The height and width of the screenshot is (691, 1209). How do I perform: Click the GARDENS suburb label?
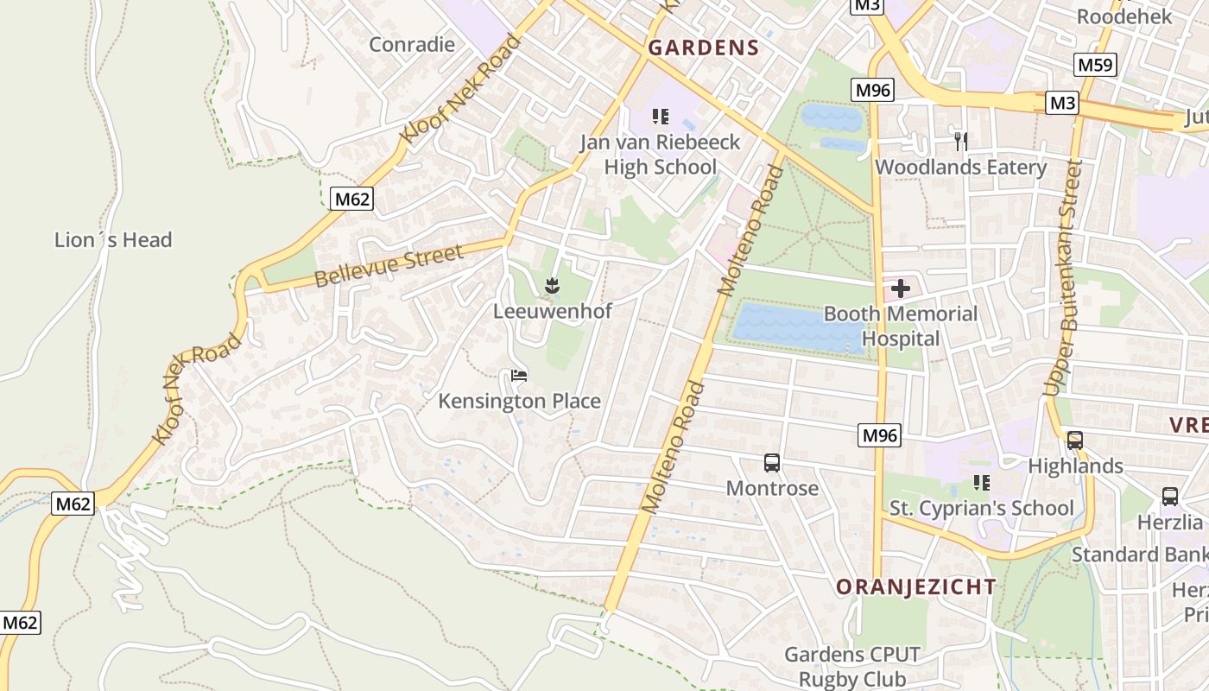pyautogui.click(x=703, y=48)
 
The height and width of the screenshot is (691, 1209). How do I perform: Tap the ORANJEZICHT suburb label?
pyautogui.click(x=915, y=587)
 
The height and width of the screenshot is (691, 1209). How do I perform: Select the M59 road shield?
pyautogui.click(x=1096, y=65)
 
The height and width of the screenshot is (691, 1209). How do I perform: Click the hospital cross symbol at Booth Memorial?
pyautogui.click(x=901, y=288)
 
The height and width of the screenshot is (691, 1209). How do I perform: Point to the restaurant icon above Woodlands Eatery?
pyautogui.click(x=960, y=141)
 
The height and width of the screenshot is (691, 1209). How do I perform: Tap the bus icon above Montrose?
pyautogui.click(x=772, y=463)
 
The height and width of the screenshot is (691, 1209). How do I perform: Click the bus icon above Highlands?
pyautogui.click(x=1075, y=441)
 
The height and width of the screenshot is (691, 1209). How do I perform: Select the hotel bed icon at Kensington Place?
pyautogui.click(x=519, y=376)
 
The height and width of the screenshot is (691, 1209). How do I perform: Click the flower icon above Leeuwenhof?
pyautogui.click(x=552, y=286)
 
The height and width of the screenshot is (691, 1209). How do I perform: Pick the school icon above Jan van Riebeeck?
pyautogui.click(x=661, y=117)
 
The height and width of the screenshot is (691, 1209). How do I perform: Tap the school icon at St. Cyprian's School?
pyautogui.click(x=981, y=483)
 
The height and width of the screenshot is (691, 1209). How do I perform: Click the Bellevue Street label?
pyautogui.click(x=389, y=266)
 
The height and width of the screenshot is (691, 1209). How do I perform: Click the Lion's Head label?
pyautogui.click(x=113, y=240)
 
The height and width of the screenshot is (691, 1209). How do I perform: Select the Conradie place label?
pyautogui.click(x=412, y=44)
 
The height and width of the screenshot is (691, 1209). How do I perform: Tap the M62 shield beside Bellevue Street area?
pyautogui.click(x=351, y=200)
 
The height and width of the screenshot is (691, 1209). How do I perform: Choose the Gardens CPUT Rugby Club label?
pyautogui.click(x=851, y=667)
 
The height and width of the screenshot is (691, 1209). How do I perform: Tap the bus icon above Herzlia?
pyautogui.click(x=1170, y=497)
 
